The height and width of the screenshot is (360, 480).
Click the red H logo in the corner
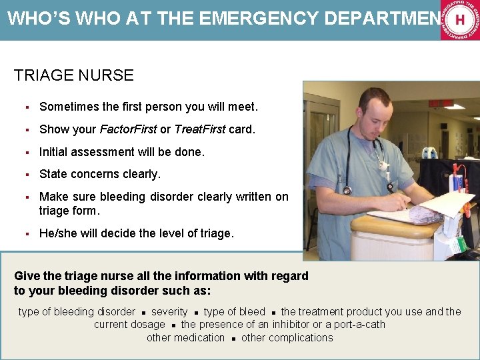tap(460, 20)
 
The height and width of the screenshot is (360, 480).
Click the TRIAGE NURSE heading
tap(73, 75)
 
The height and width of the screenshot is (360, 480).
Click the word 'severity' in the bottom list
tap(169, 312)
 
